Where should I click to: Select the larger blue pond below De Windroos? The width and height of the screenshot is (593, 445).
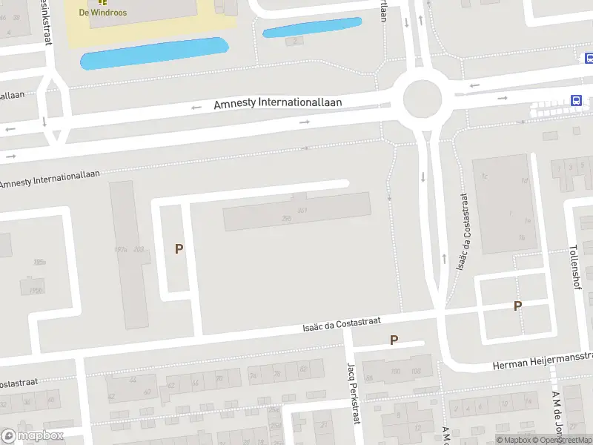pyautogui.click(x=153, y=53)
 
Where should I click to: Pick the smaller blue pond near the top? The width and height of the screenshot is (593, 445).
pyautogui.click(x=312, y=27)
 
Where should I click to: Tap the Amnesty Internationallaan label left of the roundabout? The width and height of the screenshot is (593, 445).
pyautogui.click(x=277, y=102)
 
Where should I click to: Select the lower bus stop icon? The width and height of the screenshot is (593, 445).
pyautogui.click(x=575, y=101)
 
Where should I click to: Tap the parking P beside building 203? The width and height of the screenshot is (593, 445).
pyautogui.click(x=179, y=249)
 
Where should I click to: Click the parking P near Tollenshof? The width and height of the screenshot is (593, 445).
pyautogui.click(x=517, y=306)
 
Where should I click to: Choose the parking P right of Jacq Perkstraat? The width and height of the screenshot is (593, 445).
pyautogui.click(x=394, y=340)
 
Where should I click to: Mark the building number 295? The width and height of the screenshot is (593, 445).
pyautogui.click(x=286, y=218)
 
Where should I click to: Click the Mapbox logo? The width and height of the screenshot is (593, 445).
pyautogui.click(x=32, y=435)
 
